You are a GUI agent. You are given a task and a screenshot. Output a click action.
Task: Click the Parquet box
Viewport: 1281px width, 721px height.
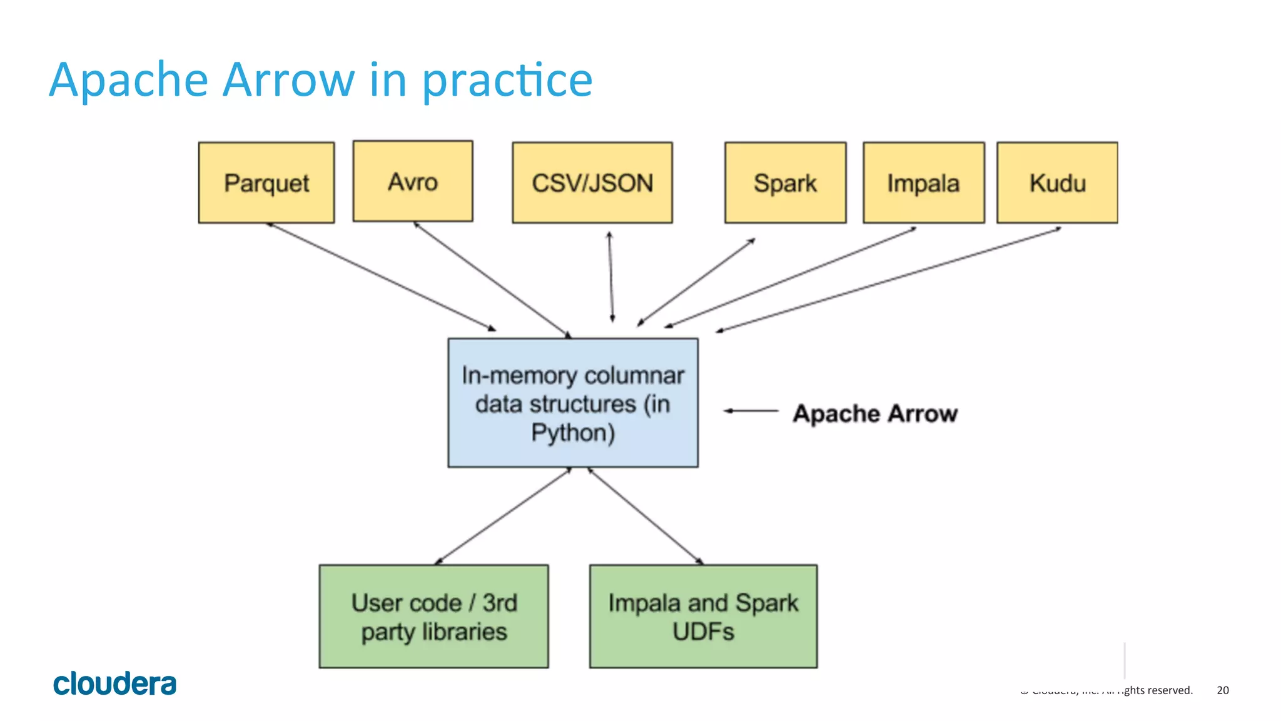pyautogui.click(x=266, y=183)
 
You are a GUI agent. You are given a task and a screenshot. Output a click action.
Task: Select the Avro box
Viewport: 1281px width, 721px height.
pyautogui.click(x=413, y=181)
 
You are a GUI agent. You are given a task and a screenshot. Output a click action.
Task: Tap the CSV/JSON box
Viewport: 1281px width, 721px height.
pyautogui.click(x=592, y=183)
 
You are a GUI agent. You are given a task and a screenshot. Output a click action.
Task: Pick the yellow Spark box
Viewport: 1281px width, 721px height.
pyautogui.click(x=785, y=183)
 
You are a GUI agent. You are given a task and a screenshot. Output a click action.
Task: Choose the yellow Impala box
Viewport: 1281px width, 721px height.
pyautogui.click(x=923, y=183)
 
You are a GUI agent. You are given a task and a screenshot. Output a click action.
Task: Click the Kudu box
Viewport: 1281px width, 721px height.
pyautogui.click(x=1057, y=183)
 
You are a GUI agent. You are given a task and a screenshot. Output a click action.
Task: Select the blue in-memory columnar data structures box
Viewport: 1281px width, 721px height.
pyautogui.click(x=573, y=403)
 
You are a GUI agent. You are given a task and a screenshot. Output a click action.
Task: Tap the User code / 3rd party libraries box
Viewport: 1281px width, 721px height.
pyautogui.click(x=433, y=617)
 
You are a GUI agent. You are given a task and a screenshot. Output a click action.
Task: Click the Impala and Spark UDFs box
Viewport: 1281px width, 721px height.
pyautogui.click(x=703, y=617)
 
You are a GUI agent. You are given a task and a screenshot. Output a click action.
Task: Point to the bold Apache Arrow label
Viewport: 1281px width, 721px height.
pyautogui.click(x=875, y=413)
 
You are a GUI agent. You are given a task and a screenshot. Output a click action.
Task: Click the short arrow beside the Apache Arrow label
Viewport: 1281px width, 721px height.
pyautogui.click(x=751, y=411)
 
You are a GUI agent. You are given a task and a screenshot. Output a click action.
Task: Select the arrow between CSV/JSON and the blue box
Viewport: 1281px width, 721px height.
pyautogui.click(x=611, y=277)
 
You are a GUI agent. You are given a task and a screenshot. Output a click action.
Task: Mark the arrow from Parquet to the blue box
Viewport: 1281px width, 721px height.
pyautogui.click(x=382, y=276)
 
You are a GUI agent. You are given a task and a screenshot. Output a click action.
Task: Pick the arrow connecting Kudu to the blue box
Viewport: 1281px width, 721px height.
pyautogui.click(x=888, y=280)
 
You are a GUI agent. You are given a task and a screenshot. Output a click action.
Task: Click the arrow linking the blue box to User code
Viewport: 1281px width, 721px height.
pyautogui.click(x=503, y=516)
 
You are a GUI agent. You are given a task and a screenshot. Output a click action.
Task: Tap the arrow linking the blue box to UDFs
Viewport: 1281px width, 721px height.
pyautogui.click(x=645, y=516)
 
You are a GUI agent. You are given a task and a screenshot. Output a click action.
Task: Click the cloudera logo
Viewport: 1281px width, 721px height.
pyautogui.click(x=114, y=683)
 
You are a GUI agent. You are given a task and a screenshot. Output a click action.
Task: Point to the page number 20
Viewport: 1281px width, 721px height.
pyautogui.click(x=1222, y=690)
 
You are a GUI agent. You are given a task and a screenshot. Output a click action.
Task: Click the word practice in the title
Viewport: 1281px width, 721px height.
pyautogui.click(x=507, y=81)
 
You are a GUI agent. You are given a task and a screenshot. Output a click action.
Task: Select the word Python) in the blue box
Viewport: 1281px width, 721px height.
pyautogui.click(x=573, y=433)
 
